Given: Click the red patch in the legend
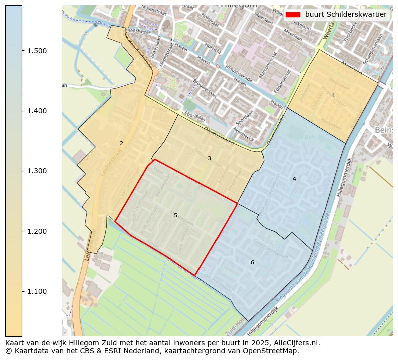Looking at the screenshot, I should point(293,14).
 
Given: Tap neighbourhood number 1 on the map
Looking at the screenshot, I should point(333,95).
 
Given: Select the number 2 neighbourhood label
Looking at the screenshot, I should point(121,144).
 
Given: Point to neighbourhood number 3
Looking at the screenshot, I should point(209,159).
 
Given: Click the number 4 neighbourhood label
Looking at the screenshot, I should point(294,179).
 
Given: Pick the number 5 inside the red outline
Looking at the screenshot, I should point(175,216).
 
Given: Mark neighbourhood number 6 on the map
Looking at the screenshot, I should point(252,263).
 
